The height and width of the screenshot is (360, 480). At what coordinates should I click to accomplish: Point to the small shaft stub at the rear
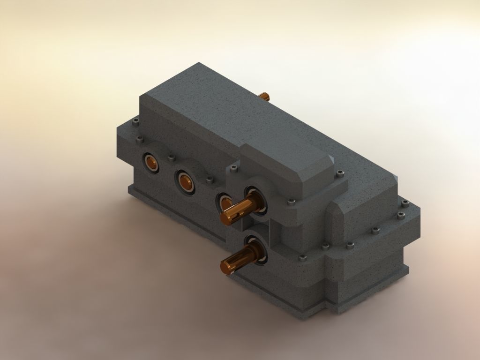point(265,96)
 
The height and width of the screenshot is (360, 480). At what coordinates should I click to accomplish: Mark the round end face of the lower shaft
point(228,267)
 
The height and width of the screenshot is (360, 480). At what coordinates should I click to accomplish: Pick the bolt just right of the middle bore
point(209,179)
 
